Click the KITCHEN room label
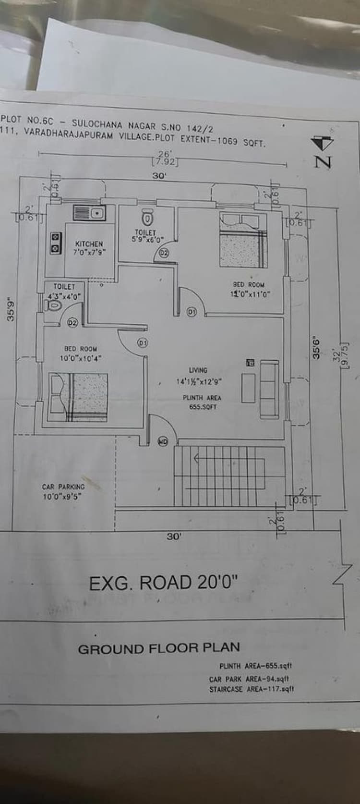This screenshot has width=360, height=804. tap(89, 244)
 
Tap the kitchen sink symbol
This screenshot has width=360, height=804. tap(89, 212)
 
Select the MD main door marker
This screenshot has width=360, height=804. tap(163, 441)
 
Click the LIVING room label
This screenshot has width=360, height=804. tap(198, 370)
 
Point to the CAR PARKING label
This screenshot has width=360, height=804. tap(63, 487)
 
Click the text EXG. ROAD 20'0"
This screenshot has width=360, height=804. tap(164, 583)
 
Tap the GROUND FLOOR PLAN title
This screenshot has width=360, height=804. tap(159, 648)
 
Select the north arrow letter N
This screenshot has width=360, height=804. tap(323, 160)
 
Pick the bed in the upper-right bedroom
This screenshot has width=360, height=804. tap(243, 239)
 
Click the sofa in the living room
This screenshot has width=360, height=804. tap(268, 388)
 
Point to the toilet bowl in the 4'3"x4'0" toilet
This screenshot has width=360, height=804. tap(54, 305)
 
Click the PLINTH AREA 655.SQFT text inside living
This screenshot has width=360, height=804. tap(202, 402)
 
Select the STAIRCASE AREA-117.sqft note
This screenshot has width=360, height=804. tap(252, 689)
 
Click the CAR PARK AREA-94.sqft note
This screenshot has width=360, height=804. tap(249, 679)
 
